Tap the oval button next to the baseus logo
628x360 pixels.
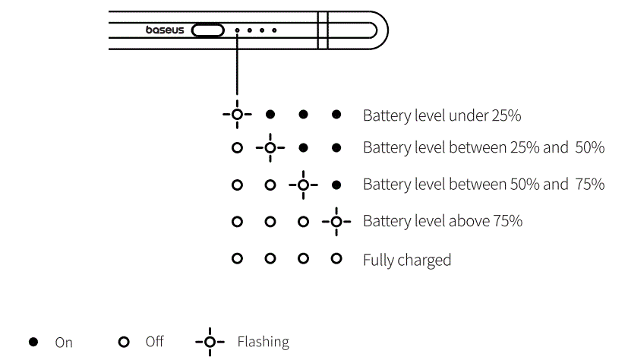208,31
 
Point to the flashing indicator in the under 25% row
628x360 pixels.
237,115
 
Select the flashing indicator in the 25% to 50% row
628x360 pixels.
270,147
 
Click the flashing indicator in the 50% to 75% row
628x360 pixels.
304,185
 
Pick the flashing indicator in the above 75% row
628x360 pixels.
336,221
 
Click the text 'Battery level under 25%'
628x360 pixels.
442,115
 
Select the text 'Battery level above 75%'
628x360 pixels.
443,221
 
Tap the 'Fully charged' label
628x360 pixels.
407,260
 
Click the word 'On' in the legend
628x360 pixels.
64,343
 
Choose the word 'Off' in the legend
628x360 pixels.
154,342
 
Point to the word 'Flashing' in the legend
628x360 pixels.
263,342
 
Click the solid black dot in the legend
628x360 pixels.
33,342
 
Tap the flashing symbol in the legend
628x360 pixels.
210,342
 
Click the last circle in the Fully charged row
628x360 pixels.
336,259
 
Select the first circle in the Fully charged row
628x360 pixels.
237,259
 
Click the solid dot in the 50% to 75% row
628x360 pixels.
336,185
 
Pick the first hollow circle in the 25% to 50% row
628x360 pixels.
237,147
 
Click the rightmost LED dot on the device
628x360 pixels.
274,31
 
